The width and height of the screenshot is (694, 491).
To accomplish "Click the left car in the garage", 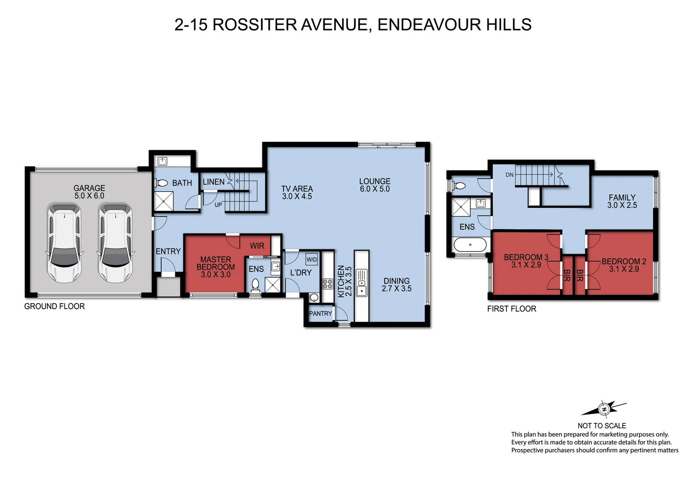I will (64, 243).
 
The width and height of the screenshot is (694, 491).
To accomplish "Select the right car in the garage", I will (115, 243).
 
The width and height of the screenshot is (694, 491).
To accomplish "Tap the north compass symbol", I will (604, 409).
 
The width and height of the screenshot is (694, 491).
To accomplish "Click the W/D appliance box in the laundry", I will (312, 260).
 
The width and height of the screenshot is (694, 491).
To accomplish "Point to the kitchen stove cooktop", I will (327, 284).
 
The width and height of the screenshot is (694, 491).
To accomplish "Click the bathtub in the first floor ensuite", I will (470, 245).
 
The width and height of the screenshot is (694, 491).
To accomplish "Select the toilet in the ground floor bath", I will (161, 183).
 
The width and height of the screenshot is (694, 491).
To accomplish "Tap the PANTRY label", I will (320, 314).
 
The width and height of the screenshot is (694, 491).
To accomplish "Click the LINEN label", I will (213, 182).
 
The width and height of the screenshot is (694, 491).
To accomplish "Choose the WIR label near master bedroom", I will (257, 246).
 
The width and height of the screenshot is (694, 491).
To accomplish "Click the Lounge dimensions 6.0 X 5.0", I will (375, 189).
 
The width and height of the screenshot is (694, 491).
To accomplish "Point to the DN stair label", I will (510, 175).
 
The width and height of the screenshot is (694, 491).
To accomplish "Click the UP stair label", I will (218, 205).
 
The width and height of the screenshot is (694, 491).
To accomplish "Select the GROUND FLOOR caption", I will (55, 306).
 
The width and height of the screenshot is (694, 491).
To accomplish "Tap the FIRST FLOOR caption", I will (511, 309).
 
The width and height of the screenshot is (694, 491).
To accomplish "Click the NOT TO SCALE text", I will (601, 426).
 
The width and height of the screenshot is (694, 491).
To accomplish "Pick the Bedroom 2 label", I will (624, 261).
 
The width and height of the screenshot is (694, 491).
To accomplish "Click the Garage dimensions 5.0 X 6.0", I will (89, 196).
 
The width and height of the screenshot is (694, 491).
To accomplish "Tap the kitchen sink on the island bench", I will (362, 290).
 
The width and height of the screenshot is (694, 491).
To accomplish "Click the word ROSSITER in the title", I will (254, 25).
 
